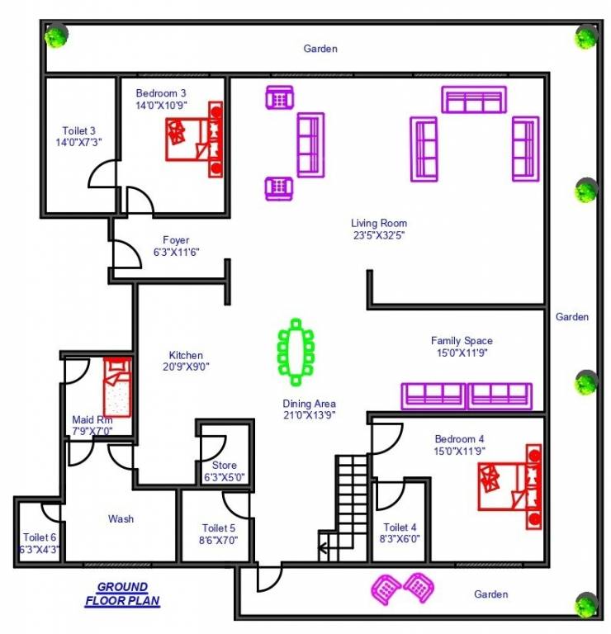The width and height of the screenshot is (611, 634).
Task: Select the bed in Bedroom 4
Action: point(509,486)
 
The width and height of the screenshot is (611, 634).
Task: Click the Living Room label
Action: point(379,223)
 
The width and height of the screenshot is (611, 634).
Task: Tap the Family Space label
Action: point(462,340)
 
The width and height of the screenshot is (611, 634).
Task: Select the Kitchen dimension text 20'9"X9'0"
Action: point(187,367)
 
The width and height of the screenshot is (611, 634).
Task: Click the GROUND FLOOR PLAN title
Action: point(122,594)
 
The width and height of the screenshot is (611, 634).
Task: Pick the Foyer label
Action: point(177,239)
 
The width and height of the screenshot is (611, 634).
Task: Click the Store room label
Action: point(225,466)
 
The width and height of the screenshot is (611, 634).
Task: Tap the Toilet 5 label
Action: point(219,528)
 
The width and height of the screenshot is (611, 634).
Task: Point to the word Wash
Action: point(121,519)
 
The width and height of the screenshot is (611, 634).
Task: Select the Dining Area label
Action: point(310,404)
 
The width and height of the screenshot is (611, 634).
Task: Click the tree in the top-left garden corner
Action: point(57,35)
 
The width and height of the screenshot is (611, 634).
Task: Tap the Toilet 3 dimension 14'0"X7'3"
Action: point(79,142)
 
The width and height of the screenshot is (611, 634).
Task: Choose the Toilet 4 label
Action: point(400,528)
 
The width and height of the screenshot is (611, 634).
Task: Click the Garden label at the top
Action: point(320,49)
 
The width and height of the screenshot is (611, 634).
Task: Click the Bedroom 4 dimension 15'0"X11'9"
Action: point(460,451)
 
